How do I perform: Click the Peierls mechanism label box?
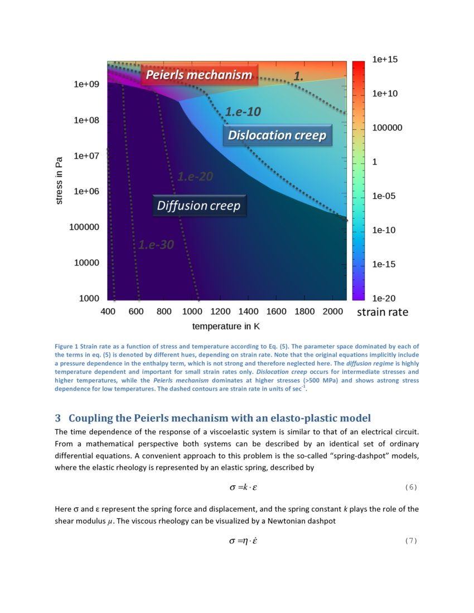(x=199, y=75)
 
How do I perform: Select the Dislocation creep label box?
(x=277, y=135)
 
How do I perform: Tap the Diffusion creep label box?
(x=199, y=206)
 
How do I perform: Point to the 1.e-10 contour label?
(x=243, y=111)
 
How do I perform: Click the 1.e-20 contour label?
(x=195, y=177)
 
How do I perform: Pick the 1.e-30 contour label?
(x=156, y=245)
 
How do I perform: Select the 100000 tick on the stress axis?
(x=84, y=227)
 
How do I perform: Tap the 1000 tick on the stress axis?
(x=89, y=299)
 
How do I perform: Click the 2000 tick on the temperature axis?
(x=332, y=312)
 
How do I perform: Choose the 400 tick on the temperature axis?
(x=108, y=312)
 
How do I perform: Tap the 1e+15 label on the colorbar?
(x=385, y=59)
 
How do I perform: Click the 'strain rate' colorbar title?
(x=383, y=312)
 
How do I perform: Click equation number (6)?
(x=410, y=488)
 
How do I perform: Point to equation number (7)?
(x=410, y=541)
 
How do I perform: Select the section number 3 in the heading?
(x=57, y=418)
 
